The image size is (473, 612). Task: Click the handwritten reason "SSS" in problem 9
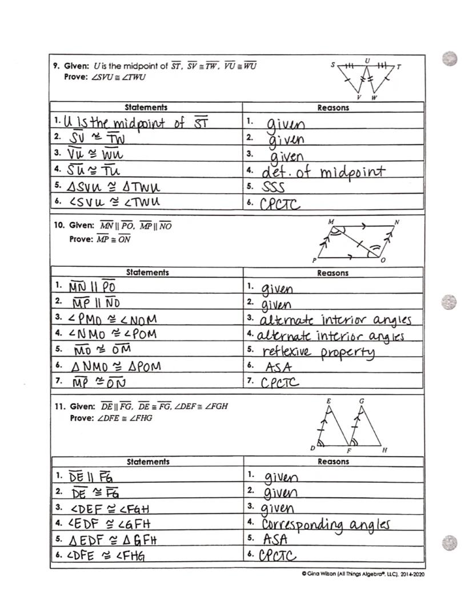pyautogui.click(x=273, y=187)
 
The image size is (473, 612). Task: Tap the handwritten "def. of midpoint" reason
pyautogui.click(x=323, y=171)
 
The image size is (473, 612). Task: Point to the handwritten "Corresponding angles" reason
pyautogui.click(x=326, y=524)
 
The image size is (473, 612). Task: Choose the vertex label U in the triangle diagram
pyautogui.click(x=367, y=60)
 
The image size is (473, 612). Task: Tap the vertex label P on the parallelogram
pyautogui.click(x=314, y=260)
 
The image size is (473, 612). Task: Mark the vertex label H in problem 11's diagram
pyautogui.click(x=384, y=450)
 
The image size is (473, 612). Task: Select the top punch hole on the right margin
pyautogui.click(x=450, y=58)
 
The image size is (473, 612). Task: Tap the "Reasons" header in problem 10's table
pyautogui.click(x=333, y=273)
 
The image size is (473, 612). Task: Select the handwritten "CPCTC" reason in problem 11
pyautogui.click(x=278, y=555)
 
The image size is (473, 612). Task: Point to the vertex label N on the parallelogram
pyautogui.click(x=396, y=222)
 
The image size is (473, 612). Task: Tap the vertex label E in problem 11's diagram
pyautogui.click(x=328, y=402)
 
